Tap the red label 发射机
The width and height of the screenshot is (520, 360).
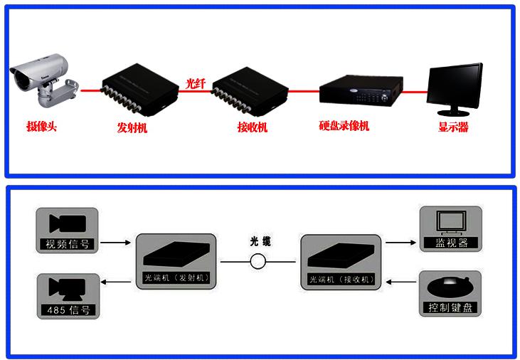132,128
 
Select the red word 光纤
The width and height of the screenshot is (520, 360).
195,83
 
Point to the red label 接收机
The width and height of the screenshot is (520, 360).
253,128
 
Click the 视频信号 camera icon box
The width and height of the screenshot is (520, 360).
67,231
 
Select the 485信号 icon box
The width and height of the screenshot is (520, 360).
67,295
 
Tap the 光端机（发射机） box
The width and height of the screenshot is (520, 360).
176,260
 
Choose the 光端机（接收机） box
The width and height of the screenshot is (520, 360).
341,260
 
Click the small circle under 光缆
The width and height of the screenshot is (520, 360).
258,262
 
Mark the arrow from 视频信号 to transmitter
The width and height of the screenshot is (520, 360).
117,243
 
